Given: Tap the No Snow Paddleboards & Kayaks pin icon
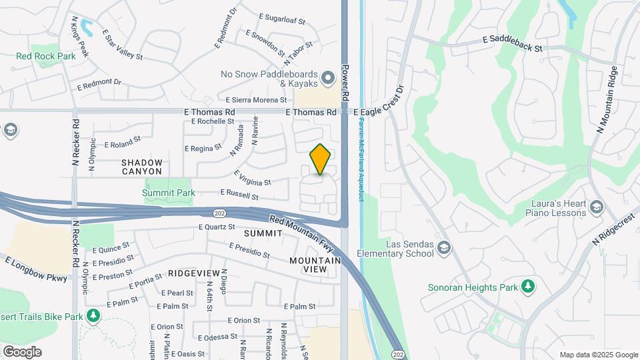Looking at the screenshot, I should [327, 79].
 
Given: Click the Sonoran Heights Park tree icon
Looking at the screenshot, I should [527, 287].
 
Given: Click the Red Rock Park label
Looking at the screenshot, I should [46, 57].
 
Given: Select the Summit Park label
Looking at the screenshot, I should [169, 193].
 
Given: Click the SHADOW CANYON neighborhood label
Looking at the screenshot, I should [142, 167].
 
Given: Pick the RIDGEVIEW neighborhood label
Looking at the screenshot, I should [194, 273].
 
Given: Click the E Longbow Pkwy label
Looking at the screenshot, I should [36, 268].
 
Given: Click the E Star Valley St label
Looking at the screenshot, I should [123, 45].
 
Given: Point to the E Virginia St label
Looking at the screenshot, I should [252, 178].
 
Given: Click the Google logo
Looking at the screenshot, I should [22, 351].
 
